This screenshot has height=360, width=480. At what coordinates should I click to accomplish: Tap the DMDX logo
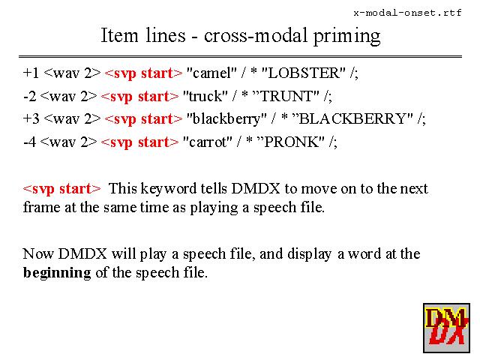click(446, 327)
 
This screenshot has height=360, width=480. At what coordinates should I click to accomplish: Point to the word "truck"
click(205, 96)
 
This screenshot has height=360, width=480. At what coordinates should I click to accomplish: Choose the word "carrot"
click(208, 141)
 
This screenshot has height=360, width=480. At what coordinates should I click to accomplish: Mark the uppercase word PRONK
click(294, 141)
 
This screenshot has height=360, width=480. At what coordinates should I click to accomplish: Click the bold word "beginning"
click(57, 272)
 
